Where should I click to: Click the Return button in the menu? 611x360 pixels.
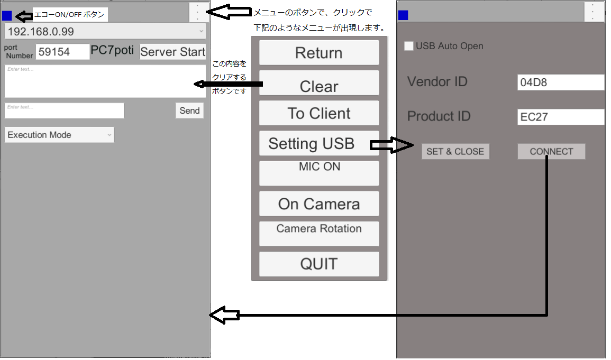[319, 53]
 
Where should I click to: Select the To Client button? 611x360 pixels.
[319, 113]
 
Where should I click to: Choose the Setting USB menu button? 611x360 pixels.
[312, 143]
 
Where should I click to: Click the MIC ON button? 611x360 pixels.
[319, 173]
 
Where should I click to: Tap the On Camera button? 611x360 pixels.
[319, 204]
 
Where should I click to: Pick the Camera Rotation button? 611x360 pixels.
[319, 234]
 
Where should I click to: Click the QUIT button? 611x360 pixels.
[319, 264]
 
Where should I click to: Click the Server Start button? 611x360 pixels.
[172, 52]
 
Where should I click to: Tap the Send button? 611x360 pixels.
[189, 110]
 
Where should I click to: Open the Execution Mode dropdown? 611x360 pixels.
[59, 135]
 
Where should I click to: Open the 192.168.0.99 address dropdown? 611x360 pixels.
[105, 31]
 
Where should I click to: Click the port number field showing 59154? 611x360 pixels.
[62, 52]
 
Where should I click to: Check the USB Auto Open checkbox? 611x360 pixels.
[409, 46]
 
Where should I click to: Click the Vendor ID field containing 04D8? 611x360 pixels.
[561, 82]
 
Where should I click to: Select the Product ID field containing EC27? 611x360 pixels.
[561, 117]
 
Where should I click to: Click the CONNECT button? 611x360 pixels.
[551, 152]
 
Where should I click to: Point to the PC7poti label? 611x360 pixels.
[112, 51]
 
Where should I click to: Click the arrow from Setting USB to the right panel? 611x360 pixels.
[392, 145]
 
